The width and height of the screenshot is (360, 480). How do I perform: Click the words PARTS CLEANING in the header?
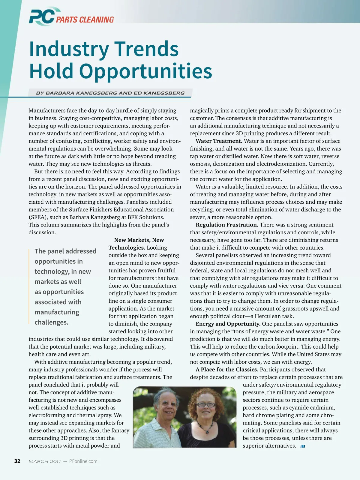coord(85,20)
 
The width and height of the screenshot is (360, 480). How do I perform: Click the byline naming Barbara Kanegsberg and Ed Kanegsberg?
coord(110,93)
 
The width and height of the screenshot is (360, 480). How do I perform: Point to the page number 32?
coord(17,461)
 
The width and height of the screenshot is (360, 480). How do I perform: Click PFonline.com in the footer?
coord(83,461)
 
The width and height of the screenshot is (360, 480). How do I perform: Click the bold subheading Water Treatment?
coord(219,141)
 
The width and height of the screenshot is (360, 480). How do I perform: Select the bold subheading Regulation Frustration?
coord(227,225)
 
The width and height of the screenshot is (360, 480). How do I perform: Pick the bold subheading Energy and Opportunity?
coord(228,324)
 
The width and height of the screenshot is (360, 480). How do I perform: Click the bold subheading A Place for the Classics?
coord(227,370)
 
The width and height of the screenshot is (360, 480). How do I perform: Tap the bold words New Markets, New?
coord(139,240)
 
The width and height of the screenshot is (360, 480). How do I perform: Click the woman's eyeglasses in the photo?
coord(206,405)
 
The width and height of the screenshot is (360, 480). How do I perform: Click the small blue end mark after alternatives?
coord(303,446)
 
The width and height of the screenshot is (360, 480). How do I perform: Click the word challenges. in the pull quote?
coord(51,322)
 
